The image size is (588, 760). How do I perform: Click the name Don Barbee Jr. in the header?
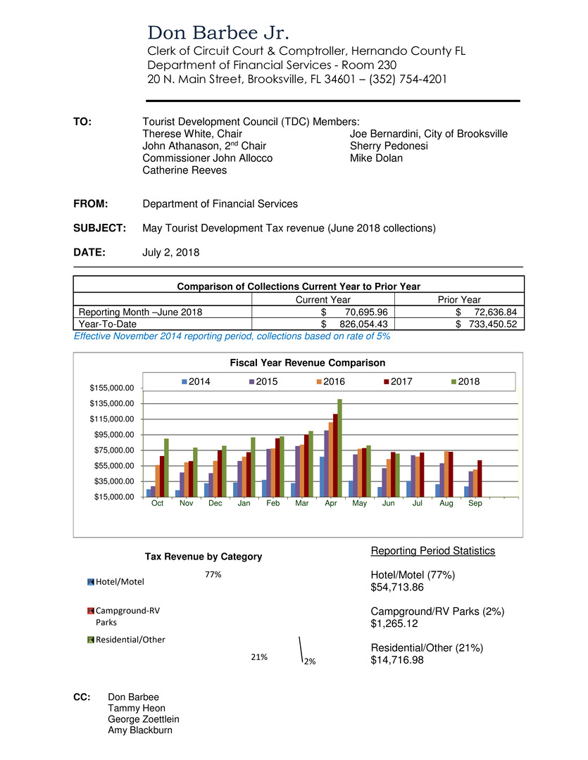coord(218,33)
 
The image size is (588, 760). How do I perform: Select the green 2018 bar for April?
coord(339,448)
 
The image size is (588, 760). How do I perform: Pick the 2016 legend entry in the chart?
coord(337,381)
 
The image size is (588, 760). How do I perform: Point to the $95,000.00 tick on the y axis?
coord(113,435)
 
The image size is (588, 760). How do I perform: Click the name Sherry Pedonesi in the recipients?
coord(389,146)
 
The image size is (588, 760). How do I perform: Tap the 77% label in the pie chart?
coord(213,575)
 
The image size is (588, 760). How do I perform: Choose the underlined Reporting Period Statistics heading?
coord(432,550)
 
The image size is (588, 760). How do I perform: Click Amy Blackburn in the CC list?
coord(140,730)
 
